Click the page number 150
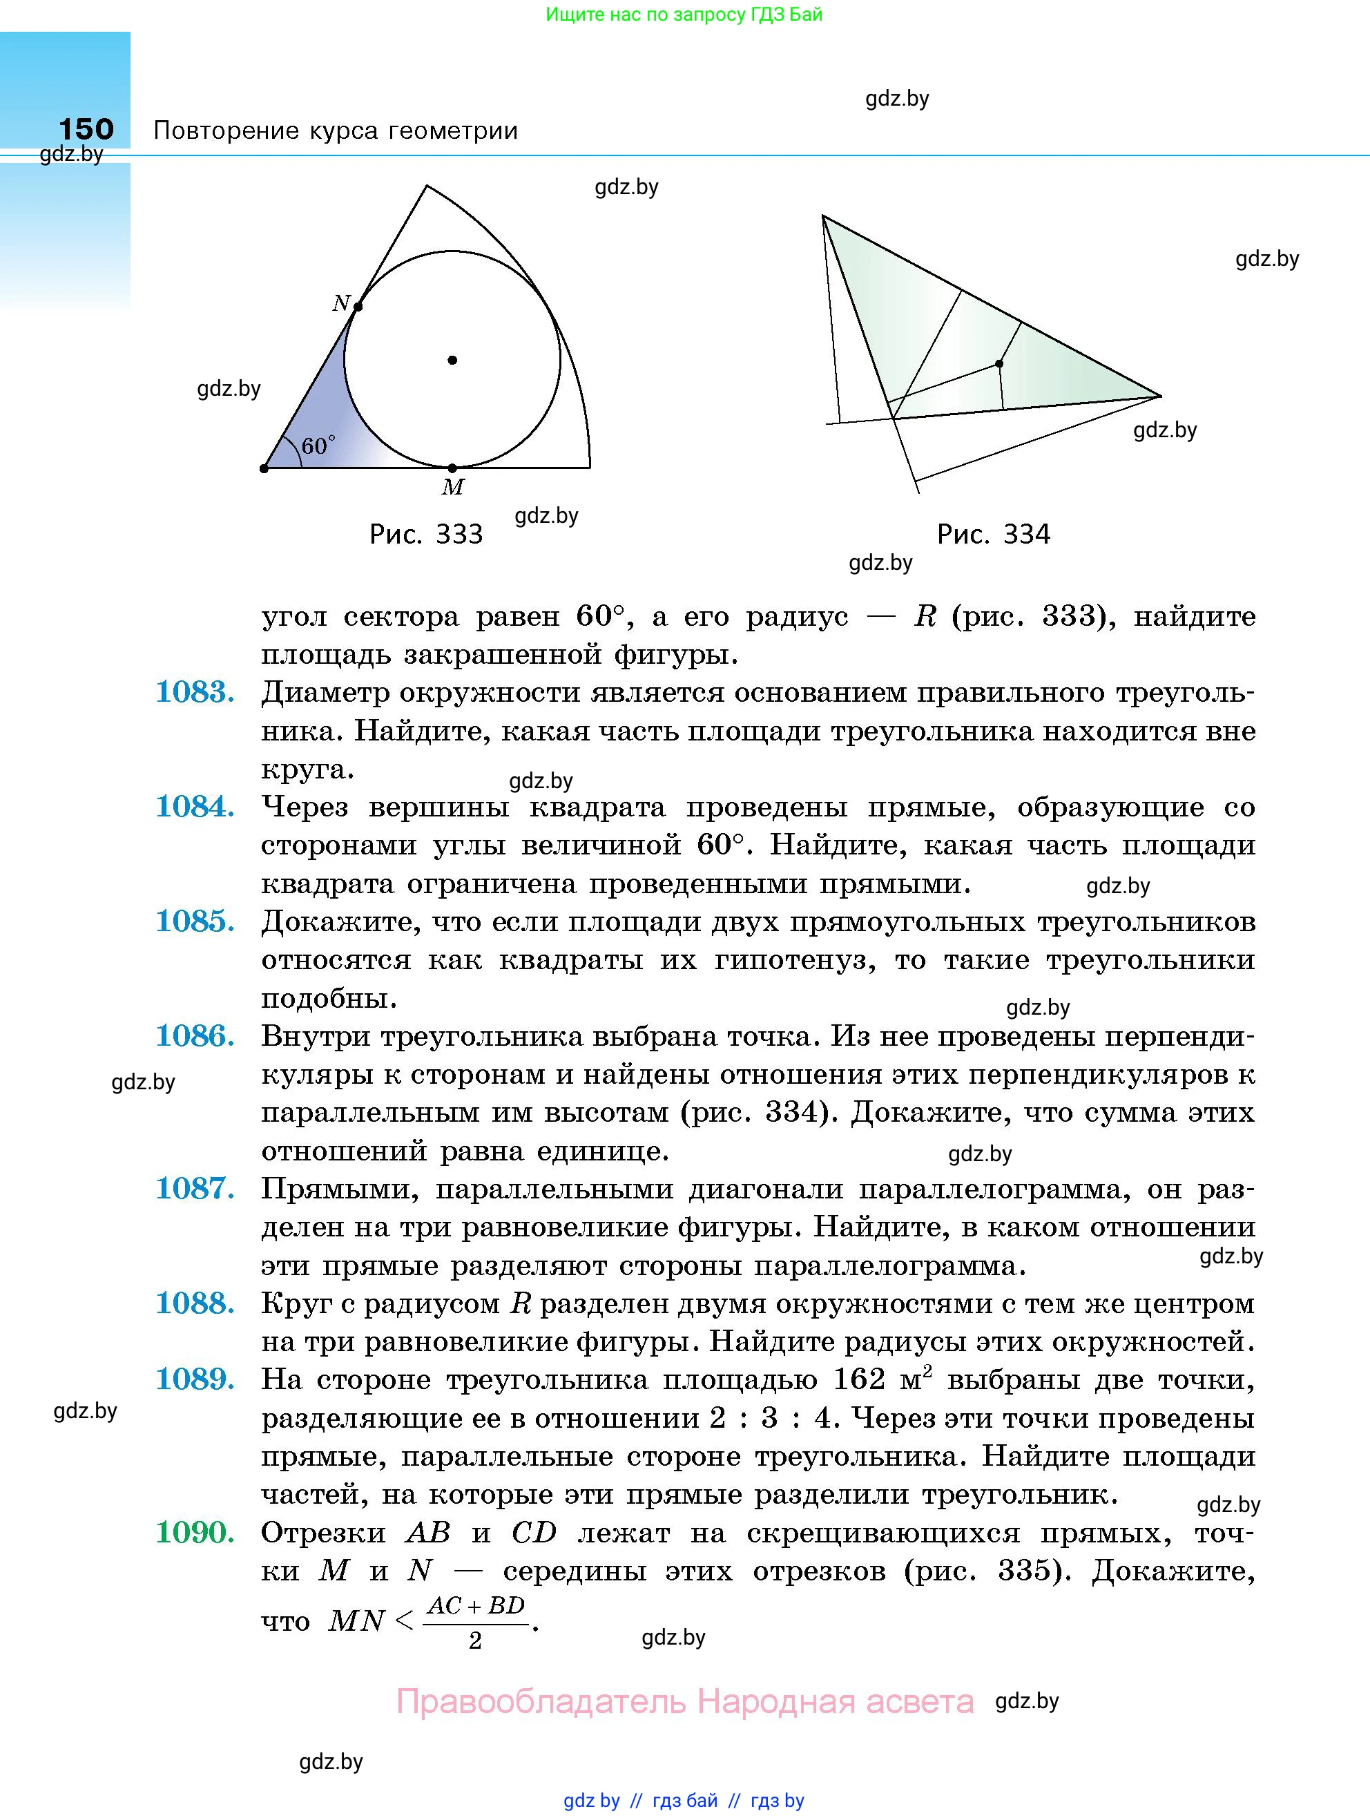[86, 129]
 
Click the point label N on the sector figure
[341, 303]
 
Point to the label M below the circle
[453, 488]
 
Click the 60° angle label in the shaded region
[318, 446]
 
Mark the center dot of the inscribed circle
[452, 360]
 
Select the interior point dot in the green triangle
[999, 363]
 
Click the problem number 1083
[195, 693]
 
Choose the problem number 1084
[195, 807]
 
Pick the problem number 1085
[195, 922]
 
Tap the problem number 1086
[195, 1036]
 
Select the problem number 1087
[195, 1189]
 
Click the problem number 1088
[195, 1303]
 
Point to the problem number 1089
[195, 1380]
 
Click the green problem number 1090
[195, 1532]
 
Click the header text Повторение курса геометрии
[336, 131]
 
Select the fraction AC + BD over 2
[476, 1623]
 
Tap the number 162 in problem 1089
[859, 1380]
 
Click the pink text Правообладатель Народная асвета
[684, 1701]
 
